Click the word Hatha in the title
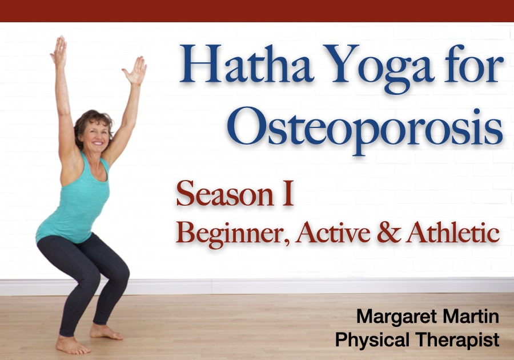[x=245, y=63]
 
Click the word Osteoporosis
[x=365, y=129]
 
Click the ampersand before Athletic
[x=389, y=232]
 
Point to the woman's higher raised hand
[x=59, y=51]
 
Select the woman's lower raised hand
[x=135, y=70]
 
